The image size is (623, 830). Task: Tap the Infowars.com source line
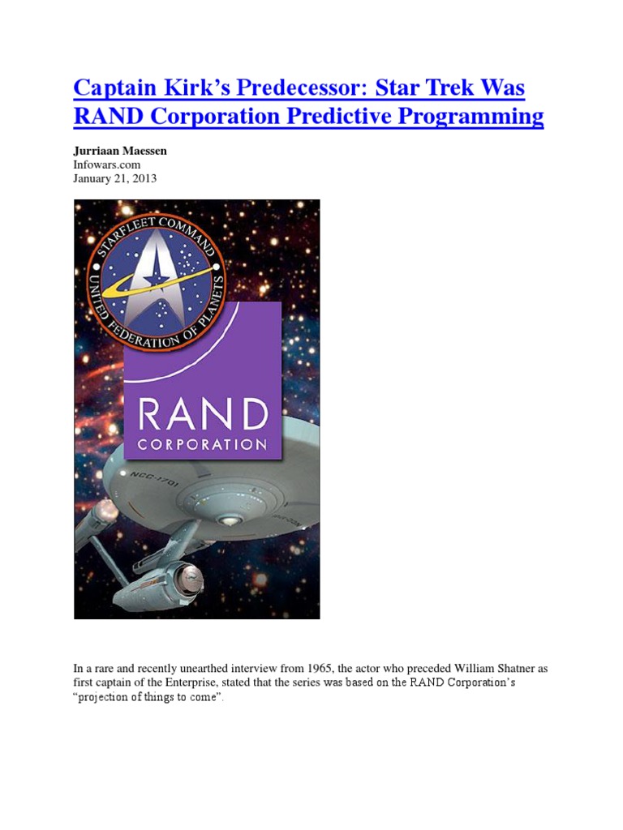[107, 165]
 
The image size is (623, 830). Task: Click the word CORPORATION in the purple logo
[202, 445]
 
